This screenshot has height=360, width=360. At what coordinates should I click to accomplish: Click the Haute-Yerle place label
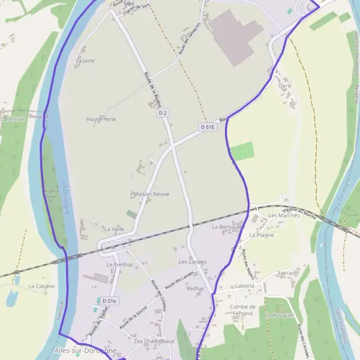click(x=101, y=119)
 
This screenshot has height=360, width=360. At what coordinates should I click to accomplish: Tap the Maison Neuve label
click(x=151, y=194)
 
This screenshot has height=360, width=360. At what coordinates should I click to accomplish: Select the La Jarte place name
click(x=85, y=61)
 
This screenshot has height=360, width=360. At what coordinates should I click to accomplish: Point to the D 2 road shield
click(x=163, y=113)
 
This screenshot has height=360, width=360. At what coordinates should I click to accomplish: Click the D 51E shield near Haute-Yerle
click(x=208, y=127)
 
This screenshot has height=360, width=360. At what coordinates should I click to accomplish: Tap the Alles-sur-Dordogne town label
click(x=85, y=350)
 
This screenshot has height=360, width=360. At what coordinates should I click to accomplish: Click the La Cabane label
click(x=41, y=286)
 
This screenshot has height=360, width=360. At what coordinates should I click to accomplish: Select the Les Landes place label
click(x=192, y=262)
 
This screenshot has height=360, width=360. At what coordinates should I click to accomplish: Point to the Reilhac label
click(x=196, y=289)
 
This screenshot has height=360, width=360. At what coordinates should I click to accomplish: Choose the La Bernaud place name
click(x=227, y=227)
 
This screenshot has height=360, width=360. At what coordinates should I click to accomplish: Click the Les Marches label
click(x=284, y=215)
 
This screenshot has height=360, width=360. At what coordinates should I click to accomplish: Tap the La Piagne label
click(x=261, y=235)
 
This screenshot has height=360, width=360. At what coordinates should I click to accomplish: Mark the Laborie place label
click(x=244, y=286)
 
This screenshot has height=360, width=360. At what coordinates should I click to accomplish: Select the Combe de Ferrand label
click(x=242, y=310)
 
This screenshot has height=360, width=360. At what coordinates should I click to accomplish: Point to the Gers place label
click(x=284, y=86)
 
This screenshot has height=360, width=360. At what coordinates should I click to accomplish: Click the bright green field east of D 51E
click(x=242, y=151)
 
